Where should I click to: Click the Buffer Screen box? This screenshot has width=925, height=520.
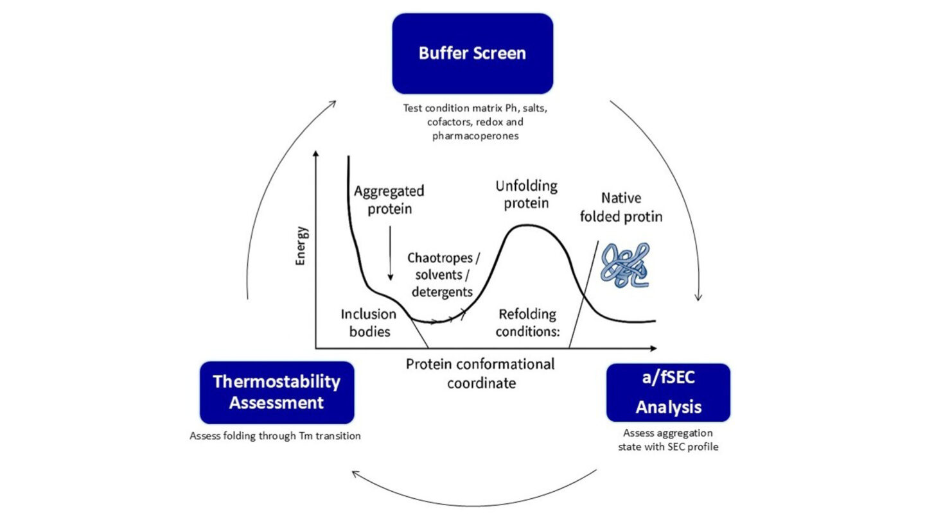(x=472, y=53)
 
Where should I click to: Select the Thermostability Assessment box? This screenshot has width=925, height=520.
(x=277, y=392)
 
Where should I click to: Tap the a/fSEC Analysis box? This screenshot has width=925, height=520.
(x=668, y=392)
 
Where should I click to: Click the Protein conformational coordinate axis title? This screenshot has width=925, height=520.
(x=480, y=374)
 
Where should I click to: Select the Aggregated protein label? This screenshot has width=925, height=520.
(x=389, y=200)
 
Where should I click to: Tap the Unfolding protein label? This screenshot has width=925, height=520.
(x=526, y=195)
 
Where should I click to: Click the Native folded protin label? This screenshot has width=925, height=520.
(x=621, y=207)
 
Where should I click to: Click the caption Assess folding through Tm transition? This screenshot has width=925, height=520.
(x=275, y=436)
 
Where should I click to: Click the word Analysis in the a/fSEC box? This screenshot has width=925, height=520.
(x=668, y=406)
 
